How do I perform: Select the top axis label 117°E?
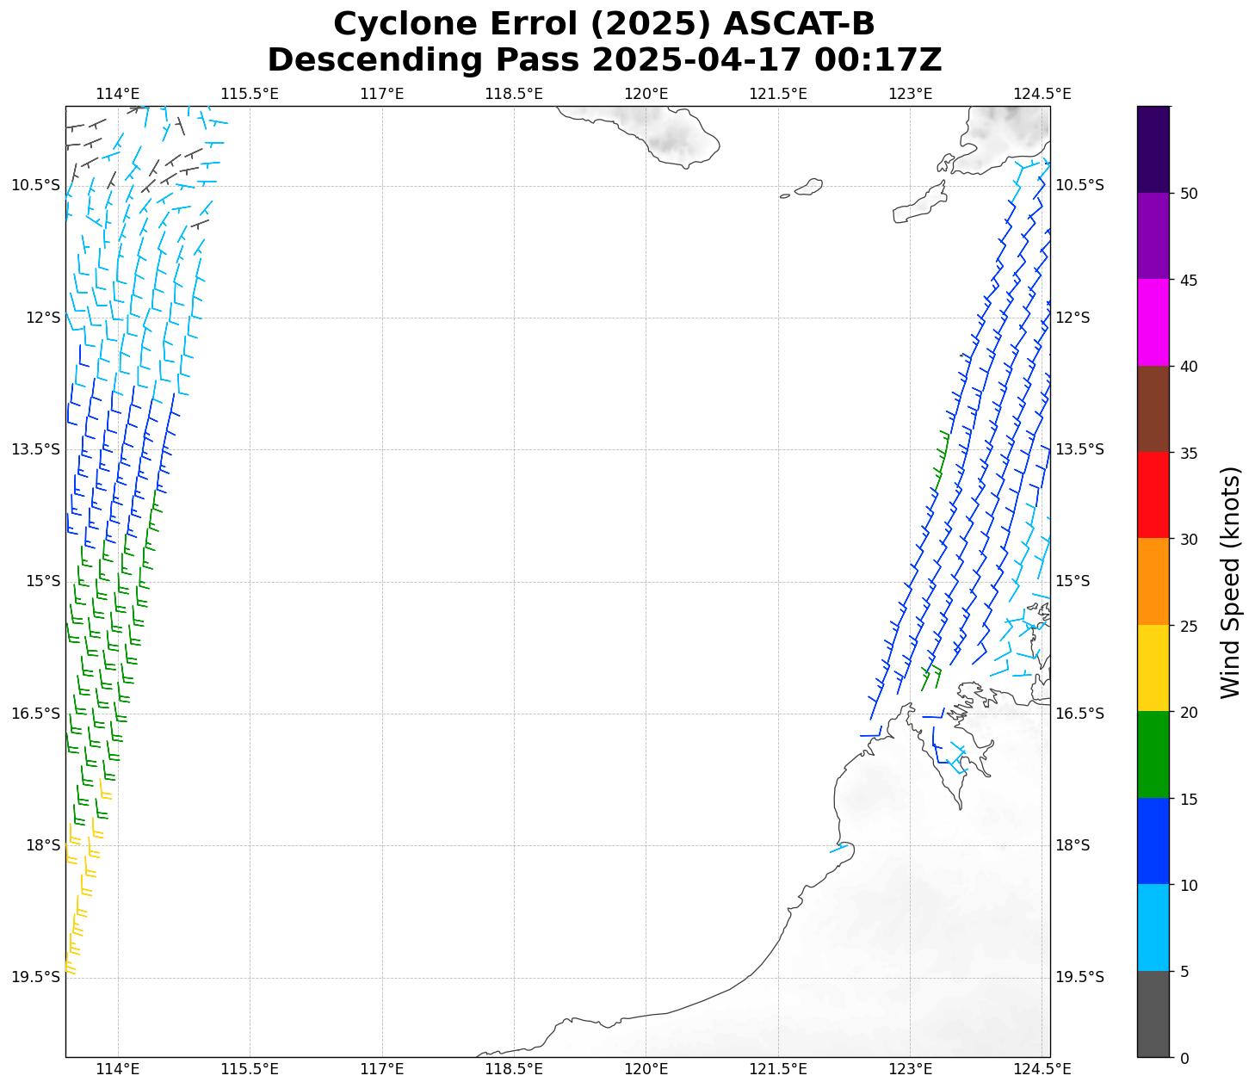pos(382,94)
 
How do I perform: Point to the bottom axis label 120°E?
pos(646,1069)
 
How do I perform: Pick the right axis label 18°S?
pos(1073,845)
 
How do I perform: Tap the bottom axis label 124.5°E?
pos(1042,1069)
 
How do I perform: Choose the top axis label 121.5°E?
pos(778,94)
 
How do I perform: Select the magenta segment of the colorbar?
pos(1153,323)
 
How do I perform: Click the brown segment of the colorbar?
pos(1153,409)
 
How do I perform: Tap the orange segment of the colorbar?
pos(1153,582)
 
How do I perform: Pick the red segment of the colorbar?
pos(1153,495)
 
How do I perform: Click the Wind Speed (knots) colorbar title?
pos(1231,582)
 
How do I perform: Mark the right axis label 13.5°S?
pos(1079,449)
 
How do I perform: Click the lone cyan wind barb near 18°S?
pos(838,849)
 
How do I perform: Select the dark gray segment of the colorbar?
pos(1153,1014)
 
